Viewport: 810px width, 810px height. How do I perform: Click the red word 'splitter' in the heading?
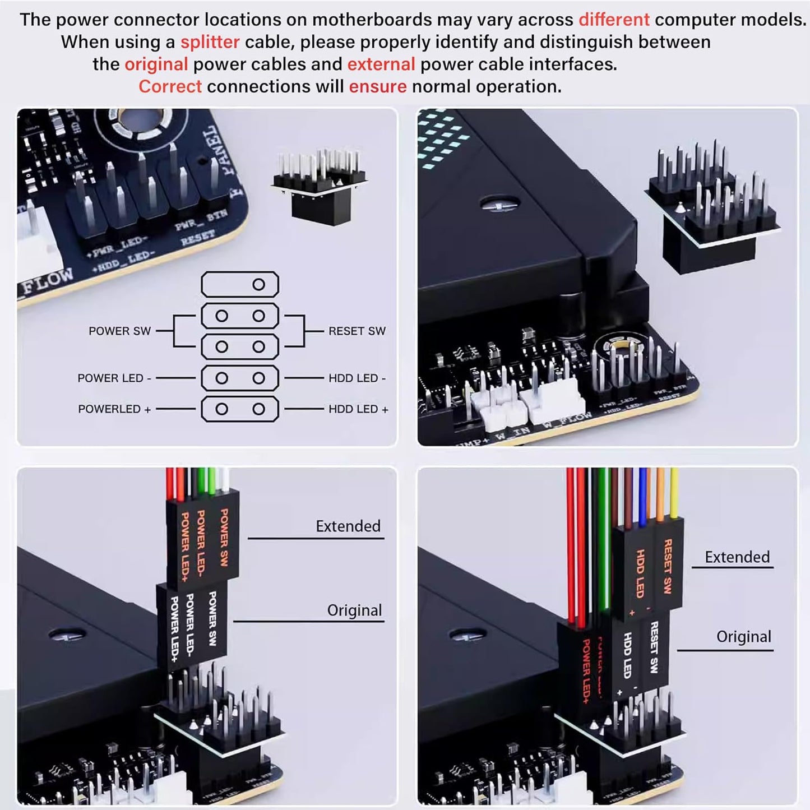(210, 42)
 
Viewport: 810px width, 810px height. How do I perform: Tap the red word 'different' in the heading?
(614, 20)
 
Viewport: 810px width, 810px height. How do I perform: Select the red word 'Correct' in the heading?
(170, 86)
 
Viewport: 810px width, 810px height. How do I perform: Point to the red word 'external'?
(381, 64)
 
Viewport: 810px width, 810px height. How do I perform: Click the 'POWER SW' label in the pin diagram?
(119, 331)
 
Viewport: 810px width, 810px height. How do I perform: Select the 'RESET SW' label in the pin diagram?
(357, 331)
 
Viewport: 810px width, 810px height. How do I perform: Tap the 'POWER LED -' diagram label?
(114, 378)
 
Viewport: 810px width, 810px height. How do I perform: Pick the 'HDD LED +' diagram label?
(358, 409)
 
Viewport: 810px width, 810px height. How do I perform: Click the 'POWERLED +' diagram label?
(114, 409)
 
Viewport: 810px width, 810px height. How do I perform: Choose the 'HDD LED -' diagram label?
(357, 378)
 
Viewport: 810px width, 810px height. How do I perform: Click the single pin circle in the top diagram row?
(258, 285)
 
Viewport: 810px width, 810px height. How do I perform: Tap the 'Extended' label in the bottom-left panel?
(348, 526)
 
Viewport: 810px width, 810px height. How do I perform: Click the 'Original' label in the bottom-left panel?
(354, 610)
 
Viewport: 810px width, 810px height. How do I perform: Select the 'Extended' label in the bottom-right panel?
(737, 557)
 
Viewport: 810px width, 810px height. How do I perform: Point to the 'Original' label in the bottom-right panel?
(743, 636)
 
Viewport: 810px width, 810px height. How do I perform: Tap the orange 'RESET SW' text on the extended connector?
(668, 566)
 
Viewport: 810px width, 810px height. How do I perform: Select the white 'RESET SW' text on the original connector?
(654, 647)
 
